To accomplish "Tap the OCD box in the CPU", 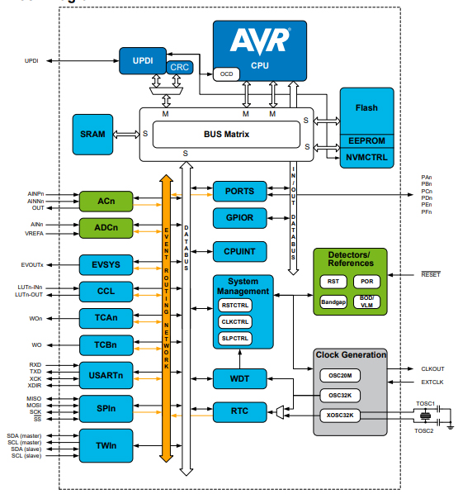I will coord(225,74).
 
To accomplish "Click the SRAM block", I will coord(92,134).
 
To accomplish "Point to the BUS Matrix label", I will coord(226,134).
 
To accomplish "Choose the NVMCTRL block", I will coord(366,156).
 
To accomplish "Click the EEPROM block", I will coord(366,141).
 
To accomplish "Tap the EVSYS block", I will coord(106,264).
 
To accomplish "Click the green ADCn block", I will coord(106,227).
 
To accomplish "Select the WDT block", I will coord(238,379).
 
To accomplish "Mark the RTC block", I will coord(238,411).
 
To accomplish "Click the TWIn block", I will coord(106,445).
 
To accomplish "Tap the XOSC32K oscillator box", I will coord(339,416).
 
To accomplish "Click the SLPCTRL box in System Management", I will coord(235,338).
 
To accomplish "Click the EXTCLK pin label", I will coord(433,382).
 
